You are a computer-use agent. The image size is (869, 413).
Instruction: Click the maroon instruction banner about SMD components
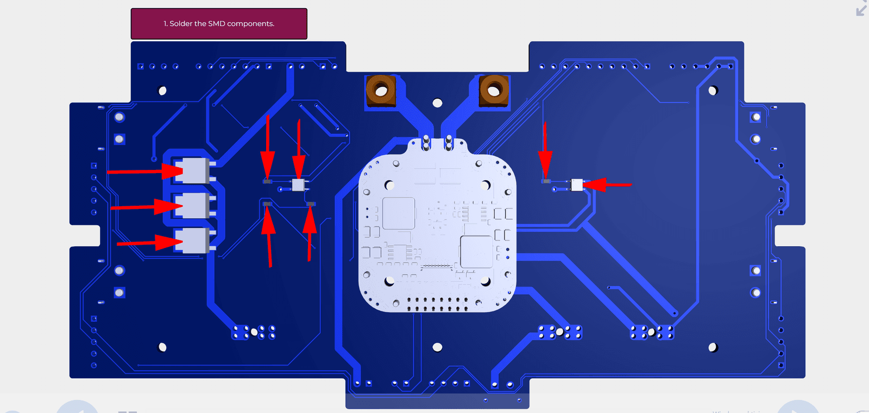[x=219, y=24]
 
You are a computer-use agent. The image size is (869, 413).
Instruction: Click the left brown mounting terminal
[x=381, y=91]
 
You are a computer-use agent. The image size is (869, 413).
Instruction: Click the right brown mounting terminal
[x=494, y=91]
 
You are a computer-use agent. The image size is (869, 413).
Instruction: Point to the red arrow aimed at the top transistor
[x=145, y=171]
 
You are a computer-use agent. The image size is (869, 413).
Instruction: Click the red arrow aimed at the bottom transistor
[x=150, y=243]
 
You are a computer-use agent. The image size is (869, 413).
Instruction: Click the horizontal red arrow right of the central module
[x=607, y=185]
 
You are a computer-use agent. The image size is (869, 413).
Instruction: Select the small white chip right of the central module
[x=577, y=185]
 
